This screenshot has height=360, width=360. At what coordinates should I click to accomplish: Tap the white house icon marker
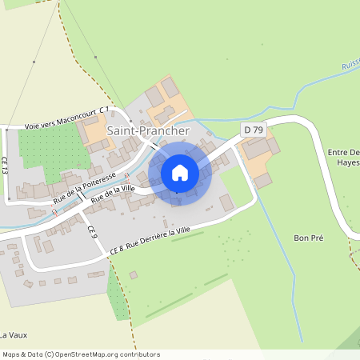pyautogui.click(x=180, y=172)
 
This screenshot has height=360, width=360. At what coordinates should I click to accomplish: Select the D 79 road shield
pyautogui.click(x=254, y=129)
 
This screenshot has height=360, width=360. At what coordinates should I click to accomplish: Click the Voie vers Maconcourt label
pyautogui.click(x=58, y=124)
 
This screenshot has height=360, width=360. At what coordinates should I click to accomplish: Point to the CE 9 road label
pyautogui.click(x=91, y=232)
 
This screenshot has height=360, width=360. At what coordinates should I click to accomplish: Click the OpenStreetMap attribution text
pyautogui.click(x=81, y=354)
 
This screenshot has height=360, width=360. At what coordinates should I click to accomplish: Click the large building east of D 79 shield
pyautogui.click(x=257, y=149)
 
